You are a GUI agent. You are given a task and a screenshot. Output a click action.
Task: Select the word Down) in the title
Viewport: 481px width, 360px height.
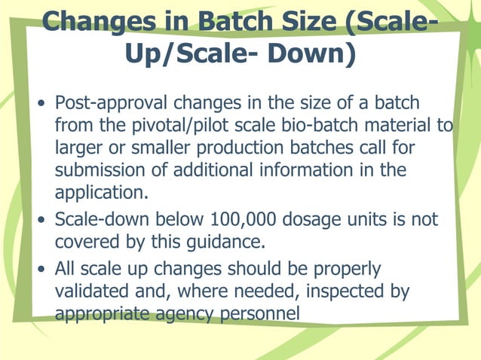(x=311, y=53)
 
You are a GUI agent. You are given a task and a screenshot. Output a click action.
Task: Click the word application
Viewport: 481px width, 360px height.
(x=101, y=193)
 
